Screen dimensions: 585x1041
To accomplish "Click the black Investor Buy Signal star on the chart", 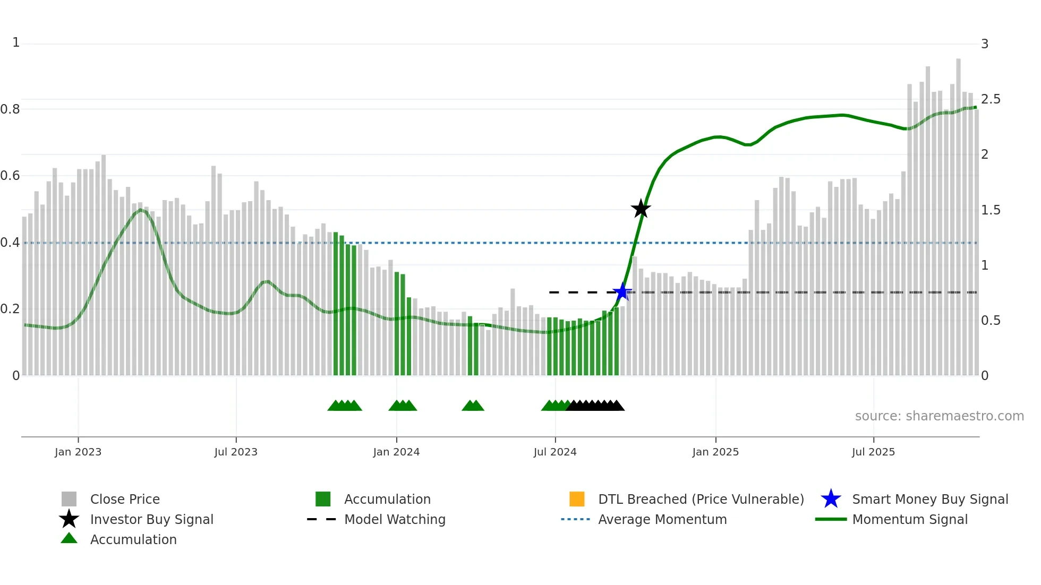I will click(641, 209).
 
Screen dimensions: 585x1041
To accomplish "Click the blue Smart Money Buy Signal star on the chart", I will click(622, 292).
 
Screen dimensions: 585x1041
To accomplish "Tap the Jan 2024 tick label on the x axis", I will click(396, 452).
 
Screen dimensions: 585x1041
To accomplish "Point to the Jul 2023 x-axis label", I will click(236, 452).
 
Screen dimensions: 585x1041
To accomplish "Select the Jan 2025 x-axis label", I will click(715, 452).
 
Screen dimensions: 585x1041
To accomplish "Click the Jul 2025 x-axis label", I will click(873, 452).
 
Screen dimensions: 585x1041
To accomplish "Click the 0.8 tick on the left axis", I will click(10, 109).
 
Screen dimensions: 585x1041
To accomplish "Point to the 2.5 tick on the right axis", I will click(991, 99).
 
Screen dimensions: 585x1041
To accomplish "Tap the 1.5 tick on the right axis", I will click(991, 210).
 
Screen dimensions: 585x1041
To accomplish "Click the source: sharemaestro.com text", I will click(939, 416).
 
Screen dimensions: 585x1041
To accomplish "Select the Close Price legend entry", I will click(125, 499).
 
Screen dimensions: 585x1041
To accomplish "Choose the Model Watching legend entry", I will click(395, 519).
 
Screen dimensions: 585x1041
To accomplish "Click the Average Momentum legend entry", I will click(662, 519).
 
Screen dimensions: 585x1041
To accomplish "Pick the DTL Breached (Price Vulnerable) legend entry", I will click(701, 499).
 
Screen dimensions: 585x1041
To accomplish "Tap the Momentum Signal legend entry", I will click(910, 519).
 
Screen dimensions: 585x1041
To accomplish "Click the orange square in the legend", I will click(577, 499).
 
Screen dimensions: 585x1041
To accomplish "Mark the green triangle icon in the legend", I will click(69, 538).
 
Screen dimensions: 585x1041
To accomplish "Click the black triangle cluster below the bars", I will click(595, 406).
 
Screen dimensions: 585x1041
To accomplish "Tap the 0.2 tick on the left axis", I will click(10, 309).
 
